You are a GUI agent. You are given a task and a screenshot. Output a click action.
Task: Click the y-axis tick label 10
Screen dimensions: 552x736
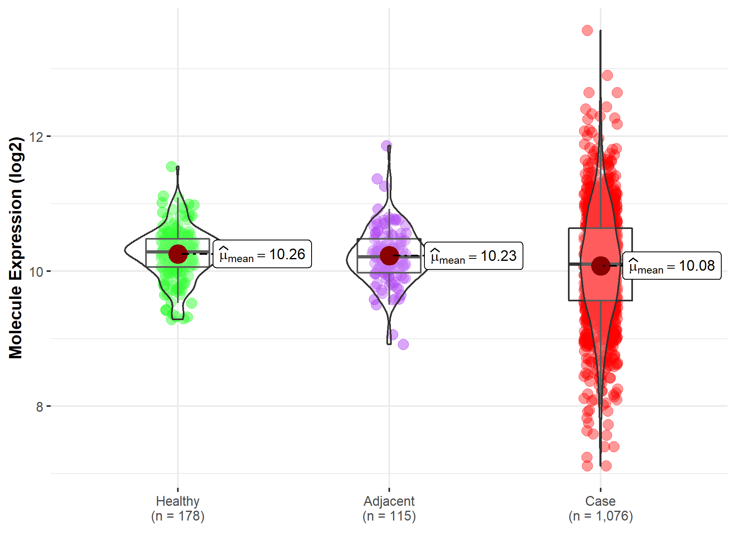click(x=36, y=272)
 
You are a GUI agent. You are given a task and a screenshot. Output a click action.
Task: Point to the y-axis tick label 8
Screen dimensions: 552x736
click(x=39, y=407)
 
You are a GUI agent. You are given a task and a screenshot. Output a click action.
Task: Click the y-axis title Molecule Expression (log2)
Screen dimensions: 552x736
click(x=16, y=248)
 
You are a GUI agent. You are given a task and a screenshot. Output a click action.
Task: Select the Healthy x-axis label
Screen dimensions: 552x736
click(x=177, y=501)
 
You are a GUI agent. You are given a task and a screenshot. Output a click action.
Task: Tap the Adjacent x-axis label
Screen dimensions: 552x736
click(x=389, y=501)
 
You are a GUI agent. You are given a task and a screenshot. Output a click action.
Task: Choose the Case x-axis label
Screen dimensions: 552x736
click(x=600, y=501)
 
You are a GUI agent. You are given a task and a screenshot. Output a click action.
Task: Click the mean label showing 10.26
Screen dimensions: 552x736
click(x=262, y=254)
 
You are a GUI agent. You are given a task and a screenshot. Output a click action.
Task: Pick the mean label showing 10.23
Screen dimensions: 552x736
click(x=473, y=256)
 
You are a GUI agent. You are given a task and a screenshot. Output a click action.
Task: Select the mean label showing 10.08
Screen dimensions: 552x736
click(x=672, y=266)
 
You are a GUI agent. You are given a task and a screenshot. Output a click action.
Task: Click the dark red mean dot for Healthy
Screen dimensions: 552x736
click(x=178, y=254)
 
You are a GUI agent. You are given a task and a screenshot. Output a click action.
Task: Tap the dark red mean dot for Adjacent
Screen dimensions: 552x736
click(x=389, y=256)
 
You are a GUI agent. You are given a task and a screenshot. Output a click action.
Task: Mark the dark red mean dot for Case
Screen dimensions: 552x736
click(x=601, y=266)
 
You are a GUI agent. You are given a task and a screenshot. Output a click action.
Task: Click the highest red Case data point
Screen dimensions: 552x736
click(x=587, y=30)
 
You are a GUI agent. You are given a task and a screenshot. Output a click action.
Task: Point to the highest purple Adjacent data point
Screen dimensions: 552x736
click(x=386, y=146)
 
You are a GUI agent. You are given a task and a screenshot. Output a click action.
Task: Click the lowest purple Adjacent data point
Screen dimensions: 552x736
click(x=403, y=344)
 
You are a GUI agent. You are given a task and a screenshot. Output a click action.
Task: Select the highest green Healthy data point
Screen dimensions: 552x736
click(x=171, y=166)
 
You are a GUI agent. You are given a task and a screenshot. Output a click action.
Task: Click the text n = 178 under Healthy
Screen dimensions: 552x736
click(x=177, y=516)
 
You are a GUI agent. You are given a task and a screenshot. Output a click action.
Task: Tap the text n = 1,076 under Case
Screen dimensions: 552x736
click(x=600, y=516)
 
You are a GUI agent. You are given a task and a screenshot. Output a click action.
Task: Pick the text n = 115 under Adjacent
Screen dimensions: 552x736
click(x=389, y=516)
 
